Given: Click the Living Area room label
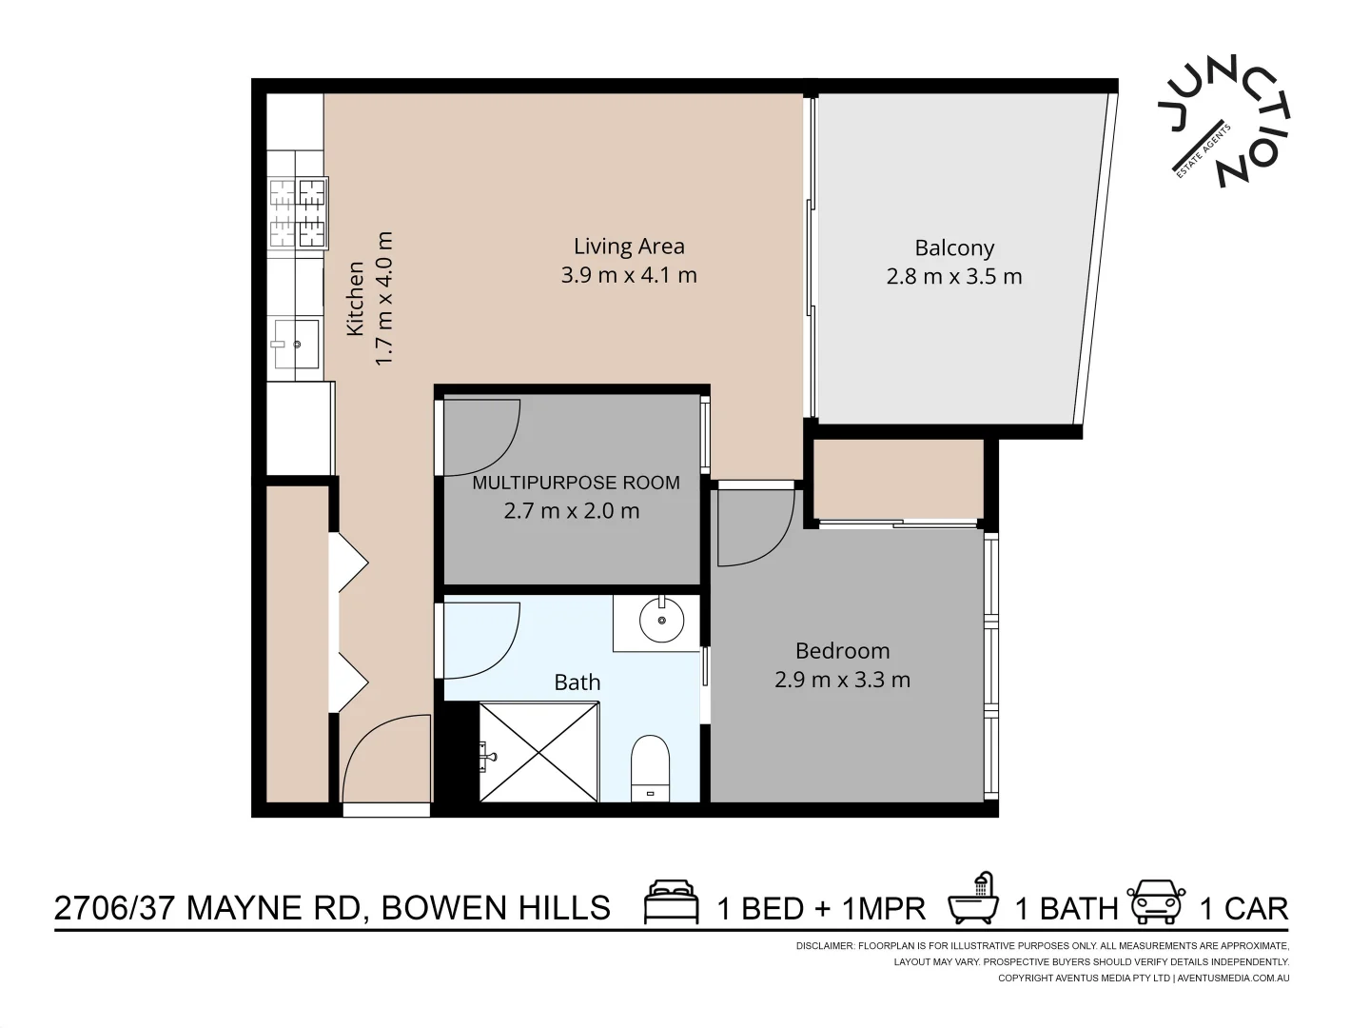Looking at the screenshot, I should [629, 247].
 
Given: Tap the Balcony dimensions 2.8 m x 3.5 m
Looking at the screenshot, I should [954, 277].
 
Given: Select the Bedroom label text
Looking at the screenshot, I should [842, 651].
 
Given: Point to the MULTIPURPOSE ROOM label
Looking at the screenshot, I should [576, 483].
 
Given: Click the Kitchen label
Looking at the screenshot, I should [355, 299].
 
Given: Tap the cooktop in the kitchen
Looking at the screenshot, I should [298, 212].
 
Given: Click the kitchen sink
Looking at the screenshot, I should [295, 344].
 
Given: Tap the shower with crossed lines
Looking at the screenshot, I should [538, 752].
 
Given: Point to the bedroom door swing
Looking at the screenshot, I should [753, 529].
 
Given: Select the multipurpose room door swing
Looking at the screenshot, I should [480, 437].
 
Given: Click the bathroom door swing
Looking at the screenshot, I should [480, 640].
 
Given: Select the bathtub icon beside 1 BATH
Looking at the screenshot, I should [973, 899].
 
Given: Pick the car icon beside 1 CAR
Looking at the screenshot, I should [1156, 902].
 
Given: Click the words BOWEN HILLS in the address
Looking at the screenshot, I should [496, 908].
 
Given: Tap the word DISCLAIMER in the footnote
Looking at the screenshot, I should [824, 946].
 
